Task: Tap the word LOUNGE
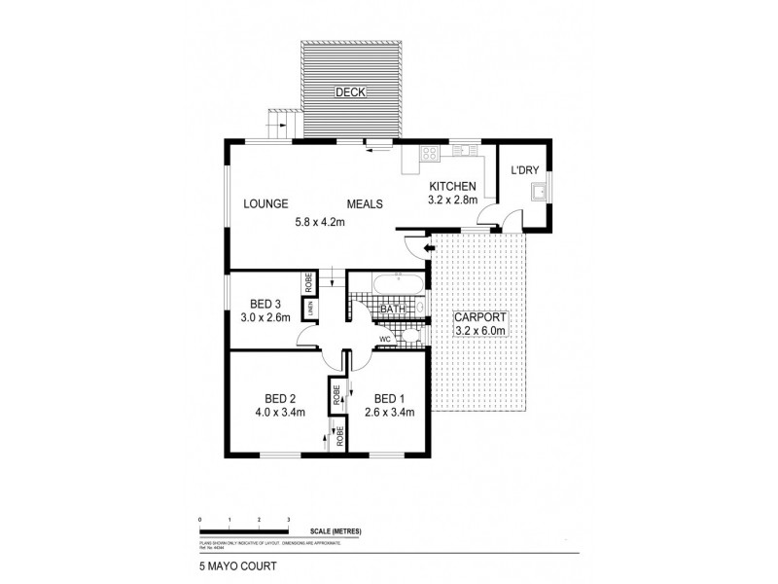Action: (x=265, y=204)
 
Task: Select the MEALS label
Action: (x=366, y=204)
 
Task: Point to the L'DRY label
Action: (x=525, y=171)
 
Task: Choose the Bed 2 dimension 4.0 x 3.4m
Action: (x=279, y=412)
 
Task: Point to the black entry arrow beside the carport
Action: (x=417, y=250)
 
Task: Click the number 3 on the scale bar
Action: (x=289, y=520)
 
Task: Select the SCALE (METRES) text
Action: (x=336, y=530)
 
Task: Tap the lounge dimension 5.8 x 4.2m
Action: (x=321, y=222)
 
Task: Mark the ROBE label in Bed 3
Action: (x=309, y=281)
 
